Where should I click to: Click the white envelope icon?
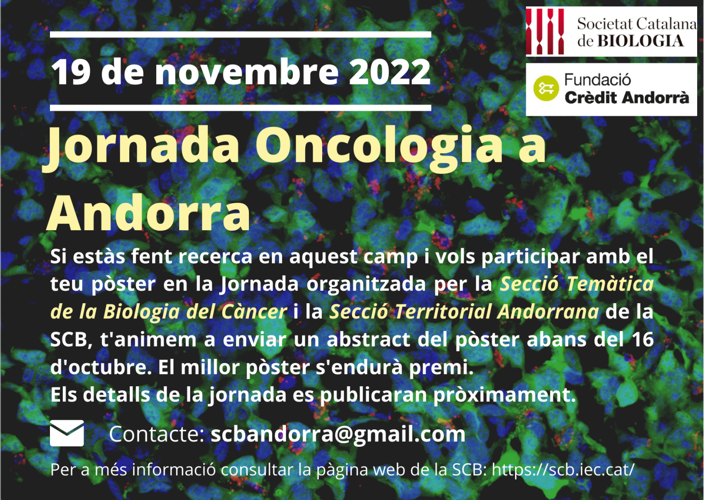pyautogui.click(x=67, y=433)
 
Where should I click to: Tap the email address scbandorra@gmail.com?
pyautogui.click(x=338, y=434)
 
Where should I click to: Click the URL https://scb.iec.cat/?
pyautogui.click(x=563, y=469)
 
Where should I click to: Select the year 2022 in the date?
pyautogui.click(x=390, y=72)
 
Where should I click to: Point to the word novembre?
pyautogui.click(x=247, y=72)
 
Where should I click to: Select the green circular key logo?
pyautogui.click(x=546, y=88)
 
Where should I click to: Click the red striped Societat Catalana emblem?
pyautogui.click(x=545, y=31)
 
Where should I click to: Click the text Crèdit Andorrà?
pyautogui.click(x=627, y=97)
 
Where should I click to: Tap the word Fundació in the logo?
pyautogui.click(x=597, y=80)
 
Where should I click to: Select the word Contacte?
pyautogui.click(x=156, y=434)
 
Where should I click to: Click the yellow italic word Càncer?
pyautogui.click(x=254, y=312)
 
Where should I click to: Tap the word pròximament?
pyautogui.click(x=504, y=394)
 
